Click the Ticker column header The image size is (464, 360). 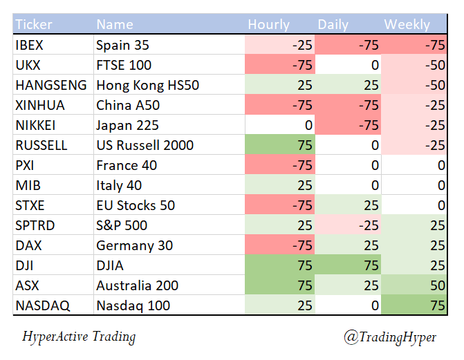34,25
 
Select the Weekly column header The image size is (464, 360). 407,25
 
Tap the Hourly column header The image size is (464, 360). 269,25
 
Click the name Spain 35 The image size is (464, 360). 123,46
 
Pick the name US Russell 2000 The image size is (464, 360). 145,146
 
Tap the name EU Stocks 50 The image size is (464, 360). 136,206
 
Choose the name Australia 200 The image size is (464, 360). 138,285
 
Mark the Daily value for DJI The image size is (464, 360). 369,265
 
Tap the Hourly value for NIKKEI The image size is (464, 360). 307,126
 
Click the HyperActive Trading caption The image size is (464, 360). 79,337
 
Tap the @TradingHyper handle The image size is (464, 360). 391,337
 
